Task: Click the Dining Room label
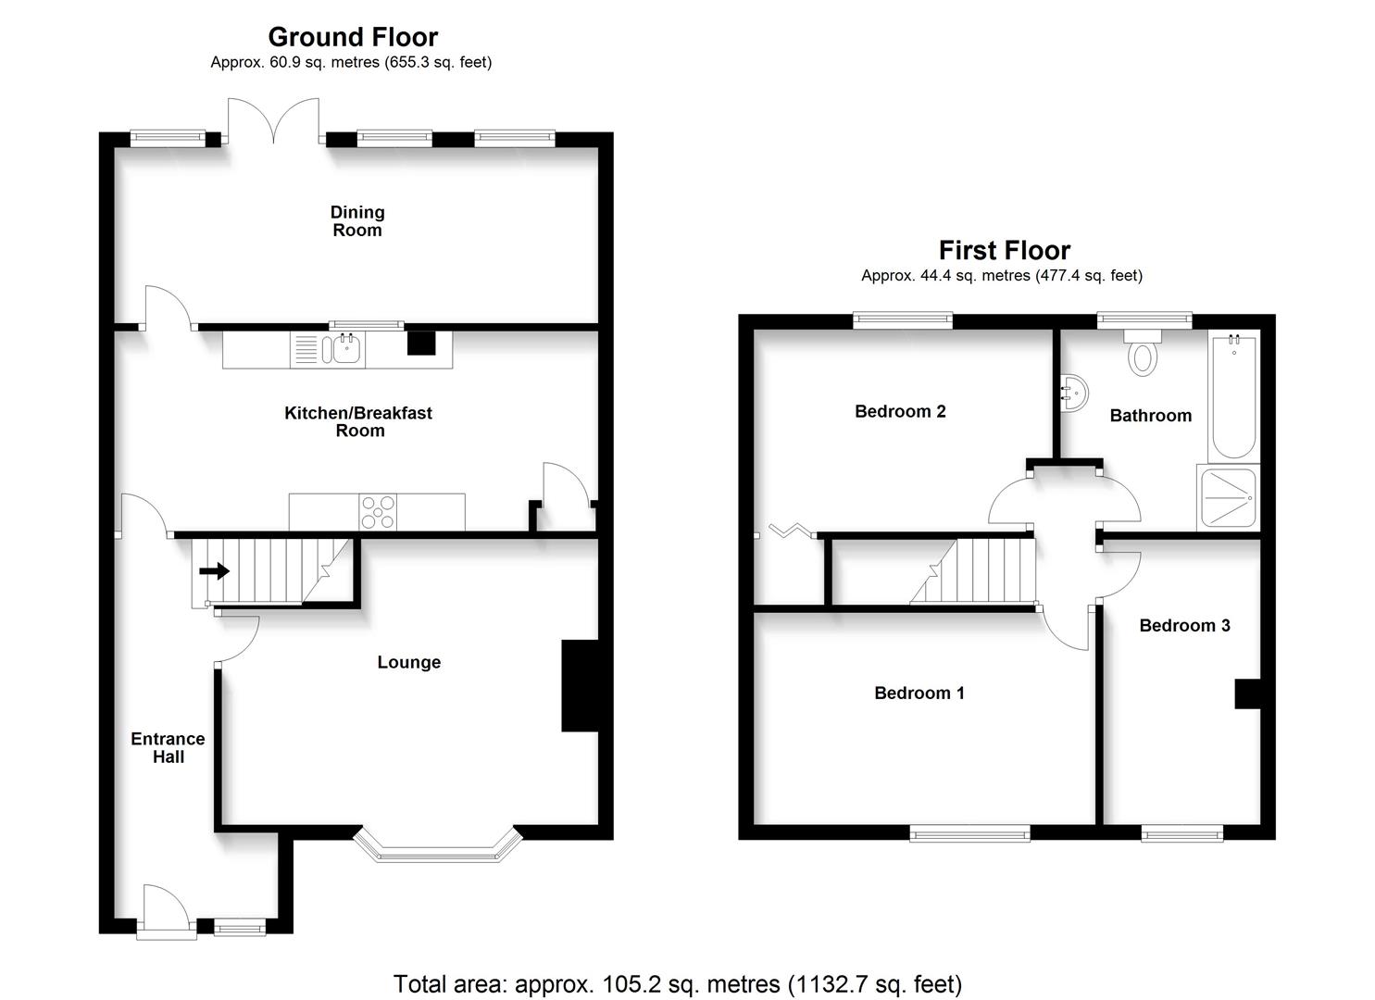(x=357, y=221)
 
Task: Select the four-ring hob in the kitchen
(x=378, y=511)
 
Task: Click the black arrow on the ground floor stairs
(x=215, y=570)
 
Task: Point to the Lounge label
(x=408, y=662)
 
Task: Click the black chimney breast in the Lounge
(x=579, y=686)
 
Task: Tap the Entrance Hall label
(x=168, y=747)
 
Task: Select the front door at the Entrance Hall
(x=166, y=912)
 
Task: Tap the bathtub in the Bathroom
(x=1232, y=396)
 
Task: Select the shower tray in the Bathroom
(x=1228, y=498)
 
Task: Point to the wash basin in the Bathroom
(x=1073, y=393)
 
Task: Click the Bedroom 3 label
(x=1184, y=625)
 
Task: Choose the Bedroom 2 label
(x=900, y=411)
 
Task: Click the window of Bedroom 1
(x=969, y=834)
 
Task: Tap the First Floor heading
(x=1004, y=250)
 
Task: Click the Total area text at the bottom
(x=678, y=983)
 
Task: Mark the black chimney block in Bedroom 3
(x=1247, y=694)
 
